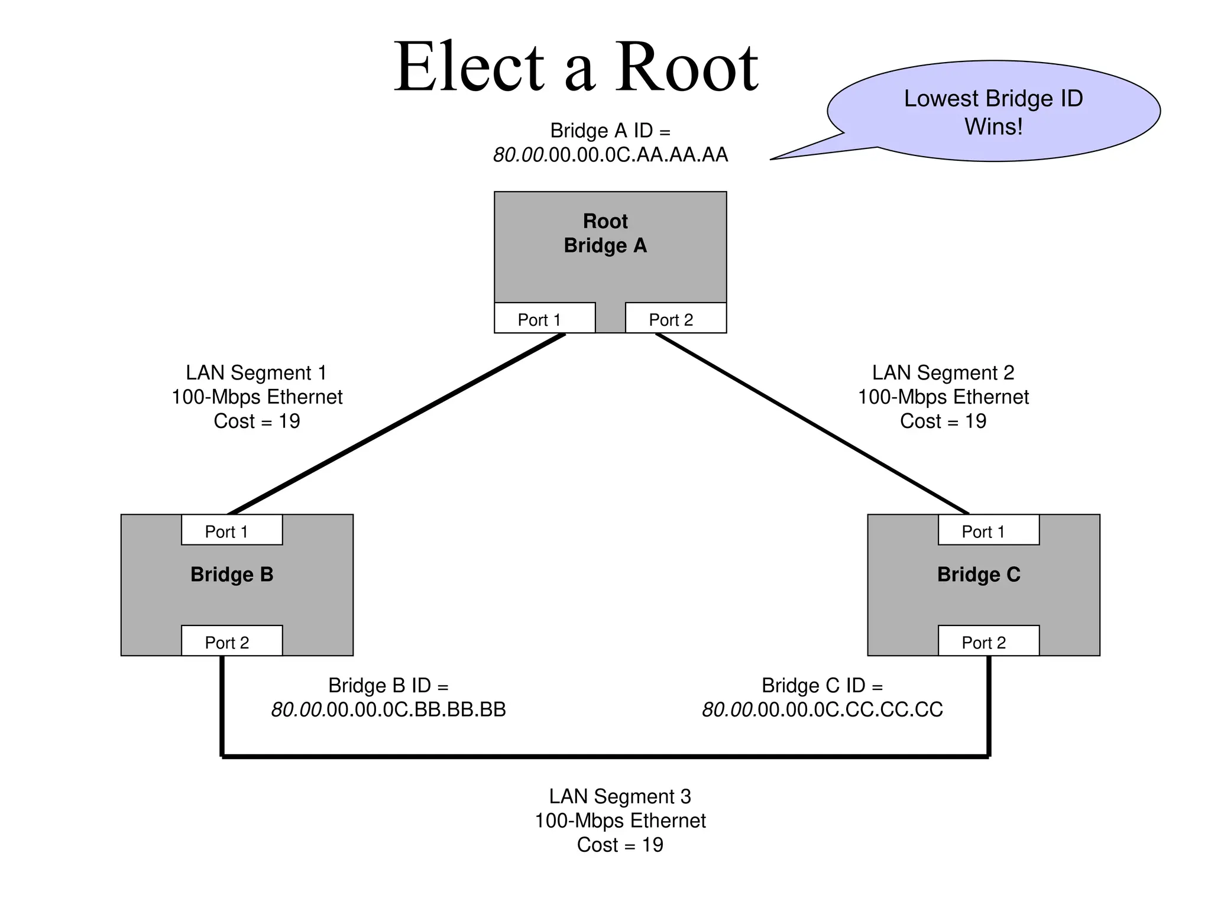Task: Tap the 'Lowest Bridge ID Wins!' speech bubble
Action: tap(993, 112)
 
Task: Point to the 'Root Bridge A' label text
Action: tap(605, 234)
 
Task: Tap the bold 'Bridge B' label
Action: tap(232, 575)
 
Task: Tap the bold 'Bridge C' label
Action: tap(979, 575)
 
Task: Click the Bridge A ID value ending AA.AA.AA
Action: tap(610, 155)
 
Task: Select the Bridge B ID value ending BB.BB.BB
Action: tap(388, 709)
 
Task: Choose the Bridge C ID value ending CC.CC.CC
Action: tap(822, 709)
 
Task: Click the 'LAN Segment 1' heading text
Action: tap(256, 373)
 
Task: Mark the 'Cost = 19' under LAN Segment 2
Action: tap(943, 421)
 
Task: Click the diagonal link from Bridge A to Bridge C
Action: tap(812, 423)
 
